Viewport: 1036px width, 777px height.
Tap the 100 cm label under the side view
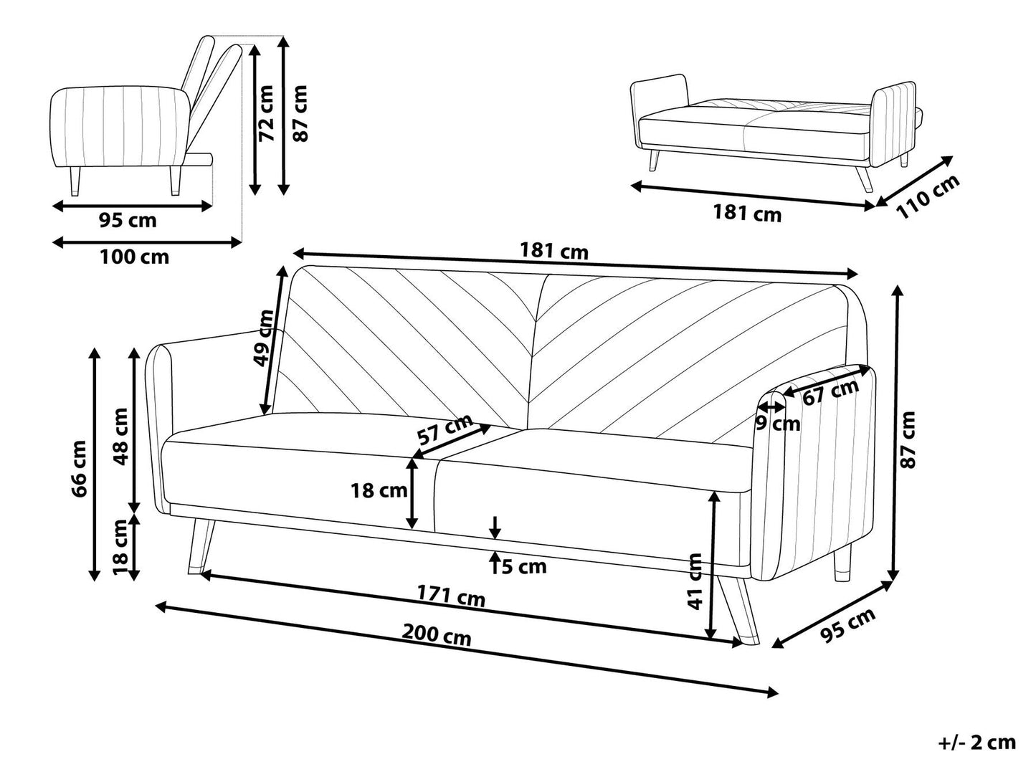134,257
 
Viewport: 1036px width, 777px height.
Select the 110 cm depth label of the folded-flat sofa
928,196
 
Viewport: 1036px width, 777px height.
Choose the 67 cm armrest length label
830,392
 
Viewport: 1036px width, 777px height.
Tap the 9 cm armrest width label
778,424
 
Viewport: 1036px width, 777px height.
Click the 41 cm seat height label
694,581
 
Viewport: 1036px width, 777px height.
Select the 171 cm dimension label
451,596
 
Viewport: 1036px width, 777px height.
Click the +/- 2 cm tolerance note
976,742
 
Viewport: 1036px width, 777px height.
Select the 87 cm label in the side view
300,113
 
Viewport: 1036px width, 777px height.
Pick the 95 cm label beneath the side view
127,221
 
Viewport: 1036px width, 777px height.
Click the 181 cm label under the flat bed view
746,213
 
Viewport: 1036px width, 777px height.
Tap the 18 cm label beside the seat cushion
379,491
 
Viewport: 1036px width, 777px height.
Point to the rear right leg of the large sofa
844,566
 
